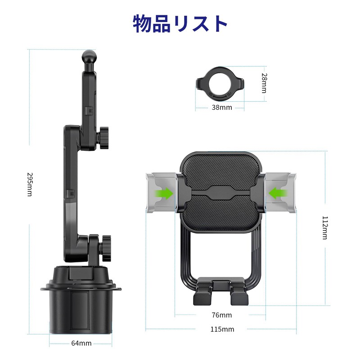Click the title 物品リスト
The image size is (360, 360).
pyautogui.click(x=180, y=24)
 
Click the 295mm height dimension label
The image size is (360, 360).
pyautogui.click(x=30, y=185)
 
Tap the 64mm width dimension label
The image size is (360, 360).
pyautogui.click(x=81, y=343)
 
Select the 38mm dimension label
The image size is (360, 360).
pyautogui.click(x=221, y=108)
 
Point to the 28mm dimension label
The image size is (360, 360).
pyautogui.click(x=264, y=83)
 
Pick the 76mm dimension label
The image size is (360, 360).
pyautogui.click(x=221, y=315)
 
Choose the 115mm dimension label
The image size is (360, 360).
pyautogui.click(x=221, y=329)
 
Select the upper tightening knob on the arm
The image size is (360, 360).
pyautogui.click(x=104, y=139)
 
